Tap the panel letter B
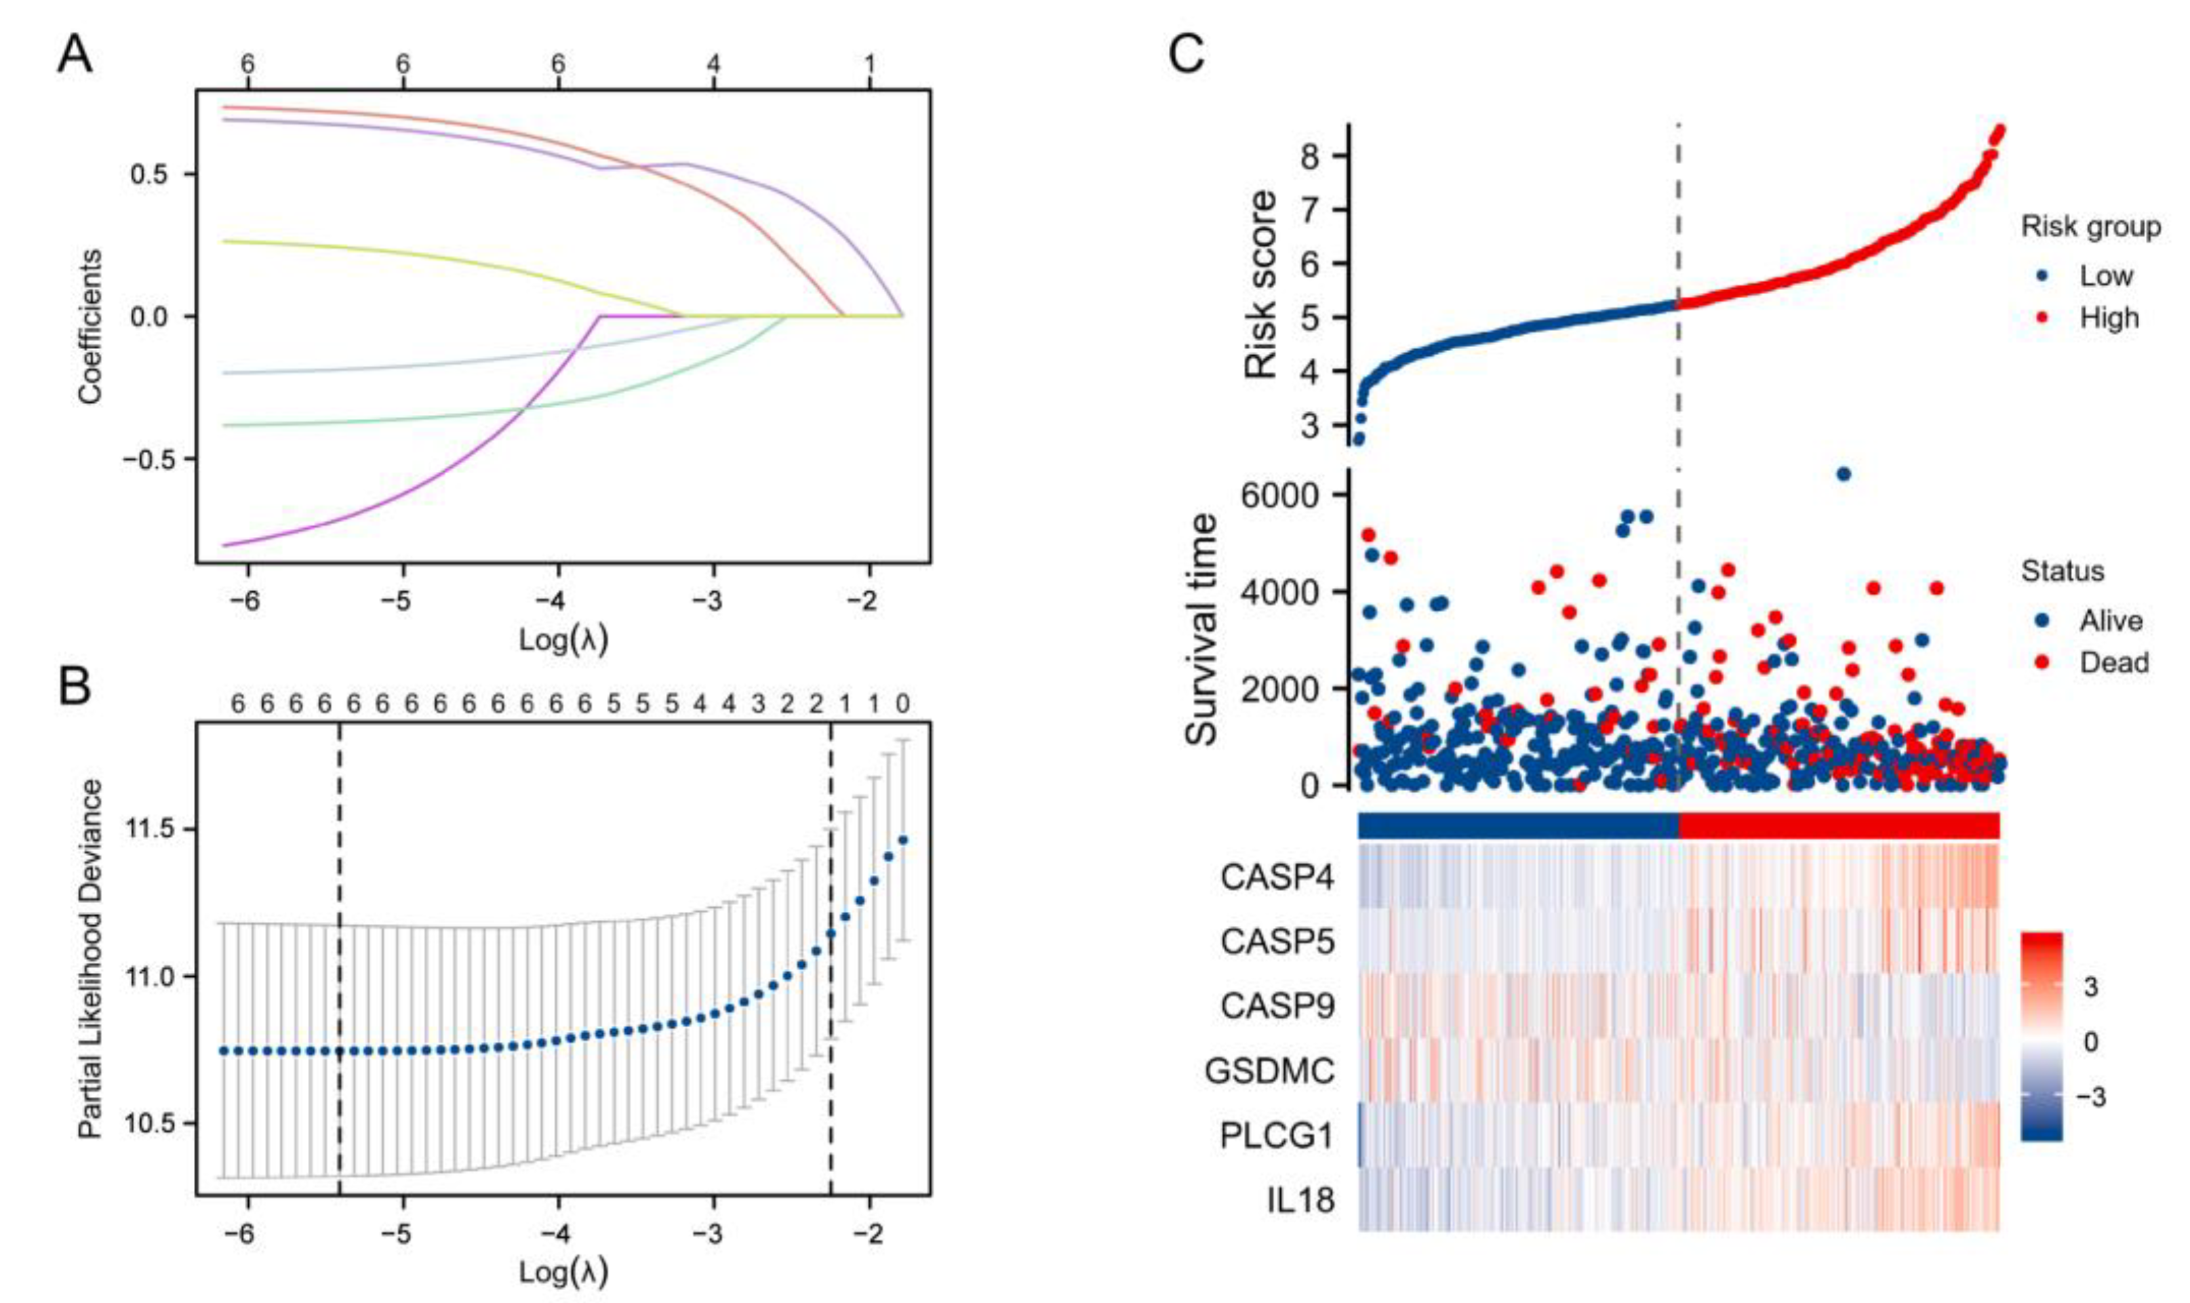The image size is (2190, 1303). (x=75, y=687)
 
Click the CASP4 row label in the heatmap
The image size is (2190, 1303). (x=1277, y=877)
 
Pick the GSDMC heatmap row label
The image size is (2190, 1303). (x=1270, y=1070)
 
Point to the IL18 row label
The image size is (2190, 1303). (x=1300, y=1199)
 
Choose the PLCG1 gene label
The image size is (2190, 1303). (x=1277, y=1136)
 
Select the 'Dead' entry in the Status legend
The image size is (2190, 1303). (x=2113, y=662)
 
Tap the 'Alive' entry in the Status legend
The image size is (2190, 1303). (x=2110, y=621)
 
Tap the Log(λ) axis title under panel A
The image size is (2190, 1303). (x=563, y=640)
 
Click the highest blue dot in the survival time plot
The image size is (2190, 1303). (x=1843, y=474)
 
